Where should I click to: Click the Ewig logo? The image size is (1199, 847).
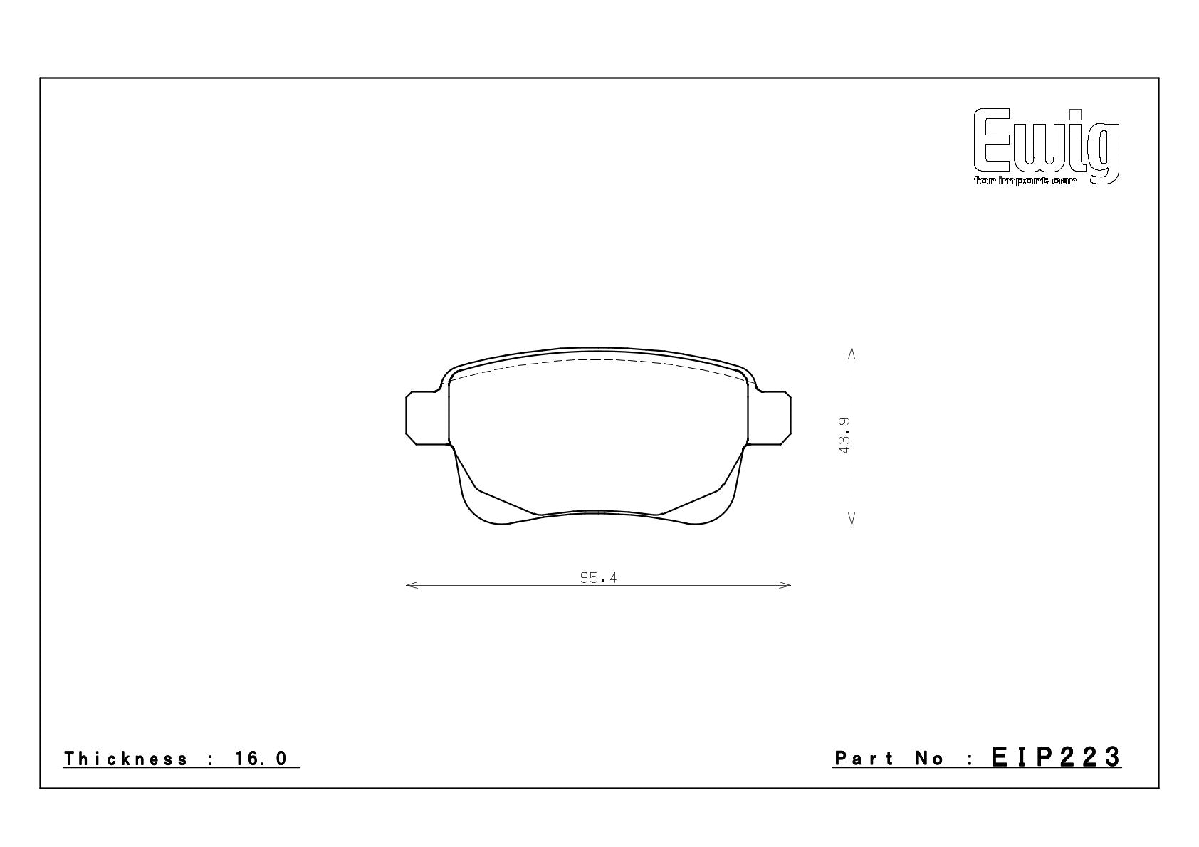(1046, 146)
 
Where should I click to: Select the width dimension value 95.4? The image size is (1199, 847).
(598, 578)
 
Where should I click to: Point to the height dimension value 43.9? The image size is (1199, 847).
(844, 436)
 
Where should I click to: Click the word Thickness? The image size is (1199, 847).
(126, 759)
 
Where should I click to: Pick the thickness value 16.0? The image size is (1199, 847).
(261, 759)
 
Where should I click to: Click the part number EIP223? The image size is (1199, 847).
(1056, 757)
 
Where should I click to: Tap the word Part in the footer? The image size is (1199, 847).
(864, 759)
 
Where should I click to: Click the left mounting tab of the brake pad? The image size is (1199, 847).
(427, 418)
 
